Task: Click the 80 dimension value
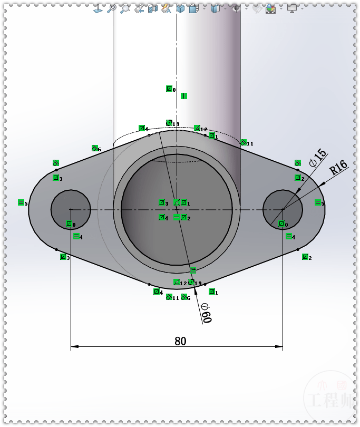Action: pyautogui.click(x=180, y=341)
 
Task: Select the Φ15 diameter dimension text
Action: pyautogui.click(x=318, y=158)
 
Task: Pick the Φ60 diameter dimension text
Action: pyautogui.click(x=206, y=313)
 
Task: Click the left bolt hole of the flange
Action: pyautogui.click(x=71, y=209)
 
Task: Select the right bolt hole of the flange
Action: pyautogui.click(x=283, y=209)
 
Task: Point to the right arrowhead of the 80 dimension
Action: pyautogui.click(x=279, y=346)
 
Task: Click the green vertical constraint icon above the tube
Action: pyautogui.click(x=184, y=96)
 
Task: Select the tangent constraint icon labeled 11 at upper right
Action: pyautogui.click(x=243, y=142)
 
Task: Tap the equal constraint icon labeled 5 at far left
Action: pyautogui.click(x=21, y=202)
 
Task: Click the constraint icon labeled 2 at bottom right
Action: pyautogui.click(x=305, y=257)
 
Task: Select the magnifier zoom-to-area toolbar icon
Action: pyautogui.click(x=124, y=8)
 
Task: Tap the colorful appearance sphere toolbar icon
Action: pyautogui.click(x=270, y=8)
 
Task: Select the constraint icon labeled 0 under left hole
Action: pyautogui.click(x=69, y=224)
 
